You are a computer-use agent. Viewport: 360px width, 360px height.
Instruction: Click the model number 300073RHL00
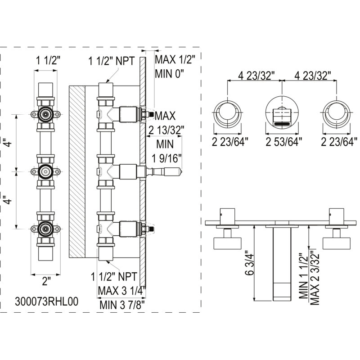pos(47,301)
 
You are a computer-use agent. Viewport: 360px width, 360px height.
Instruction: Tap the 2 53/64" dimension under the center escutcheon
pos(283,142)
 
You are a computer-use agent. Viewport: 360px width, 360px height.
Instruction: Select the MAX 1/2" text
pos(175,60)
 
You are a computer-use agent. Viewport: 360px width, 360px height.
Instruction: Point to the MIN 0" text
pos(170,74)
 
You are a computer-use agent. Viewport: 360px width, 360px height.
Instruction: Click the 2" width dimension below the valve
pos(46,281)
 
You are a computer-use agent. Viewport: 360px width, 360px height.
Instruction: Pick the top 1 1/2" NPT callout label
pos(112,61)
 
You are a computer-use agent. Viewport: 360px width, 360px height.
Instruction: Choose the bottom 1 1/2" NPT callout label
pos(114,277)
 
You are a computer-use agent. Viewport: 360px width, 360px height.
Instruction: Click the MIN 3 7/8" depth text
pos(122,305)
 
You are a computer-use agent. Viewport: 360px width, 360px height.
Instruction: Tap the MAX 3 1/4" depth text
pos(122,291)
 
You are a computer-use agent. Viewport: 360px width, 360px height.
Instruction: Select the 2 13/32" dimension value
pos(166,130)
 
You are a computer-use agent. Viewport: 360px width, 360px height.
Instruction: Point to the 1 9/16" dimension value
pos(166,158)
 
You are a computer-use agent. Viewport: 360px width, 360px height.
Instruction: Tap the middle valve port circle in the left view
pos(46,171)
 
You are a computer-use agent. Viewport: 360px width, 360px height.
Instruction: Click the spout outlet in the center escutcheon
pos(282,124)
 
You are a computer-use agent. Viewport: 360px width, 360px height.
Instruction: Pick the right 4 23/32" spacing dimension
pos(312,76)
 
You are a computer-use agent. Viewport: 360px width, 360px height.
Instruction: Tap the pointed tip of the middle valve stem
pos(182,171)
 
